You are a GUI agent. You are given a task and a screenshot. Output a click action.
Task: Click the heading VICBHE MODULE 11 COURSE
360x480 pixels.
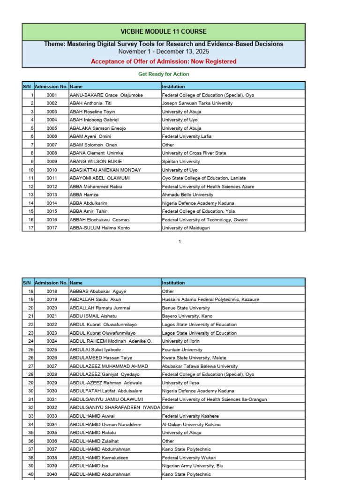164,31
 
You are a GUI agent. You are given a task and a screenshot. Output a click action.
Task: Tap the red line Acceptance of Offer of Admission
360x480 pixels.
164,61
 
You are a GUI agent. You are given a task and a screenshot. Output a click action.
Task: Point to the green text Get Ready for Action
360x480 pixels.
164,74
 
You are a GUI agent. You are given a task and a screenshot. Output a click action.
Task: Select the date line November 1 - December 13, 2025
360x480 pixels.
164,52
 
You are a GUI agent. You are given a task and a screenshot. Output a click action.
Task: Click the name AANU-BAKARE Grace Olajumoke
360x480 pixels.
106,95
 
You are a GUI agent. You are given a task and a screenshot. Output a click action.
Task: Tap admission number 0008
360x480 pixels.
52,153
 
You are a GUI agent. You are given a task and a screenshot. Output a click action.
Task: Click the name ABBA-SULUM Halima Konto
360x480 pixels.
100,228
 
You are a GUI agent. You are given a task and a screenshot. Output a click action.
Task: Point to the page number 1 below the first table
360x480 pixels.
180,242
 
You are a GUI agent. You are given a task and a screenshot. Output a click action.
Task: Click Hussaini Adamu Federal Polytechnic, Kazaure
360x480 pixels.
210,300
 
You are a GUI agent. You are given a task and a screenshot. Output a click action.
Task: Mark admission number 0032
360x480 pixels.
52,408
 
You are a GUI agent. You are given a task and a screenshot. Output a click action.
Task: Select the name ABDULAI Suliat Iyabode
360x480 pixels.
95,350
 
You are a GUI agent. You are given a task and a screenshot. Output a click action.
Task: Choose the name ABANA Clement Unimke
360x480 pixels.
97,153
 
